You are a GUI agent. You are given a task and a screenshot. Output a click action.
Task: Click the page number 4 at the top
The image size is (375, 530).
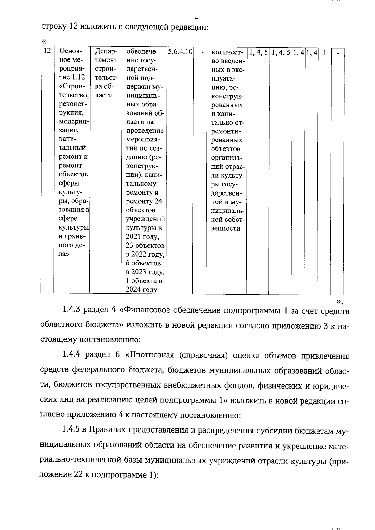click(x=196, y=18)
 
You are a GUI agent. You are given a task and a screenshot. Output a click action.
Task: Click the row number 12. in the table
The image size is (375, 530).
click(x=47, y=51)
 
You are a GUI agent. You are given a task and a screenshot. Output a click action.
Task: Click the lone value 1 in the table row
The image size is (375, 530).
click(x=325, y=53)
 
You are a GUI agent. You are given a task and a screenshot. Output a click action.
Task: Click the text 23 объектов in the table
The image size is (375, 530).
click(x=145, y=245)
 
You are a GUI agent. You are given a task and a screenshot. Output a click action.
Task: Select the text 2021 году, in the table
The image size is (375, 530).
click(x=142, y=236)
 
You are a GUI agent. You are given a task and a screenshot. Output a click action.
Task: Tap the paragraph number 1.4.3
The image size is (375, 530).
click(x=72, y=310)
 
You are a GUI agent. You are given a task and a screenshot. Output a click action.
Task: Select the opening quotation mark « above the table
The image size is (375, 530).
click(x=44, y=42)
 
